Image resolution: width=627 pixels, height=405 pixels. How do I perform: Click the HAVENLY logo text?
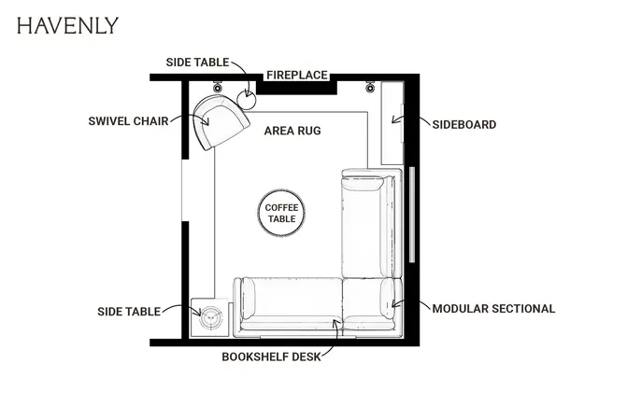pyautogui.click(x=67, y=25)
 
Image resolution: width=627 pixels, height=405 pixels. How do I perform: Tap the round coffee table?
pyautogui.click(x=281, y=213)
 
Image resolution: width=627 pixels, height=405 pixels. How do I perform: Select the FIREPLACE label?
pyautogui.click(x=297, y=75)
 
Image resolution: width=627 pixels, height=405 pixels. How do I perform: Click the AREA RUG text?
pyautogui.click(x=292, y=131)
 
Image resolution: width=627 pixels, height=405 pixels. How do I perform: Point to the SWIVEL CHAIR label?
pyautogui.click(x=128, y=121)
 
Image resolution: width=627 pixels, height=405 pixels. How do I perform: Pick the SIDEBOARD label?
pyautogui.click(x=464, y=125)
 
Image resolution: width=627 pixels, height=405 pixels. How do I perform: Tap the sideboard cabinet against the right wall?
pyautogui.click(x=392, y=123)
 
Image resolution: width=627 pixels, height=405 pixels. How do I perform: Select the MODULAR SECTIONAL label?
pyautogui.click(x=493, y=309)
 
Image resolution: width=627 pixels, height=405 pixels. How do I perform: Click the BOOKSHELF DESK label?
pyautogui.click(x=272, y=356)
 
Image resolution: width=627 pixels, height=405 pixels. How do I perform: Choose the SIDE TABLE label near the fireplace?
pyautogui.click(x=197, y=63)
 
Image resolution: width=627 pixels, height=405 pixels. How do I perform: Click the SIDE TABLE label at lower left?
pyautogui.click(x=129, y=312)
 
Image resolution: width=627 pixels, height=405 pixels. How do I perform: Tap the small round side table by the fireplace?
pyautogui.click(x=247, y=100)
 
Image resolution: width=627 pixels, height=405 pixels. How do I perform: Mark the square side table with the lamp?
pyautogui.click(x=210, y=317)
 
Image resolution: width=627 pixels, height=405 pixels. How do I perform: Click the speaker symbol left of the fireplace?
pyautogui.click(x=217, y=87)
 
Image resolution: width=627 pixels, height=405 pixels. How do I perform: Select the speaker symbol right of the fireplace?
pyautogui.click(x=370, y=87)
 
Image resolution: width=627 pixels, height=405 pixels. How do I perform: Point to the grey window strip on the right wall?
pyautogui.click(x=412, y=215)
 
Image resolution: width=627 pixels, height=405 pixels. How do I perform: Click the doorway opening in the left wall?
pyautogui.click(x=185, y=190)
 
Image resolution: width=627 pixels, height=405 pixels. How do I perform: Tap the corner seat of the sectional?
pyautogui.click(x=372, y=303)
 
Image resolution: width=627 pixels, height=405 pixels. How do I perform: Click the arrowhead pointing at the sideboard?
pyautogui.click(x=394, y=119)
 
